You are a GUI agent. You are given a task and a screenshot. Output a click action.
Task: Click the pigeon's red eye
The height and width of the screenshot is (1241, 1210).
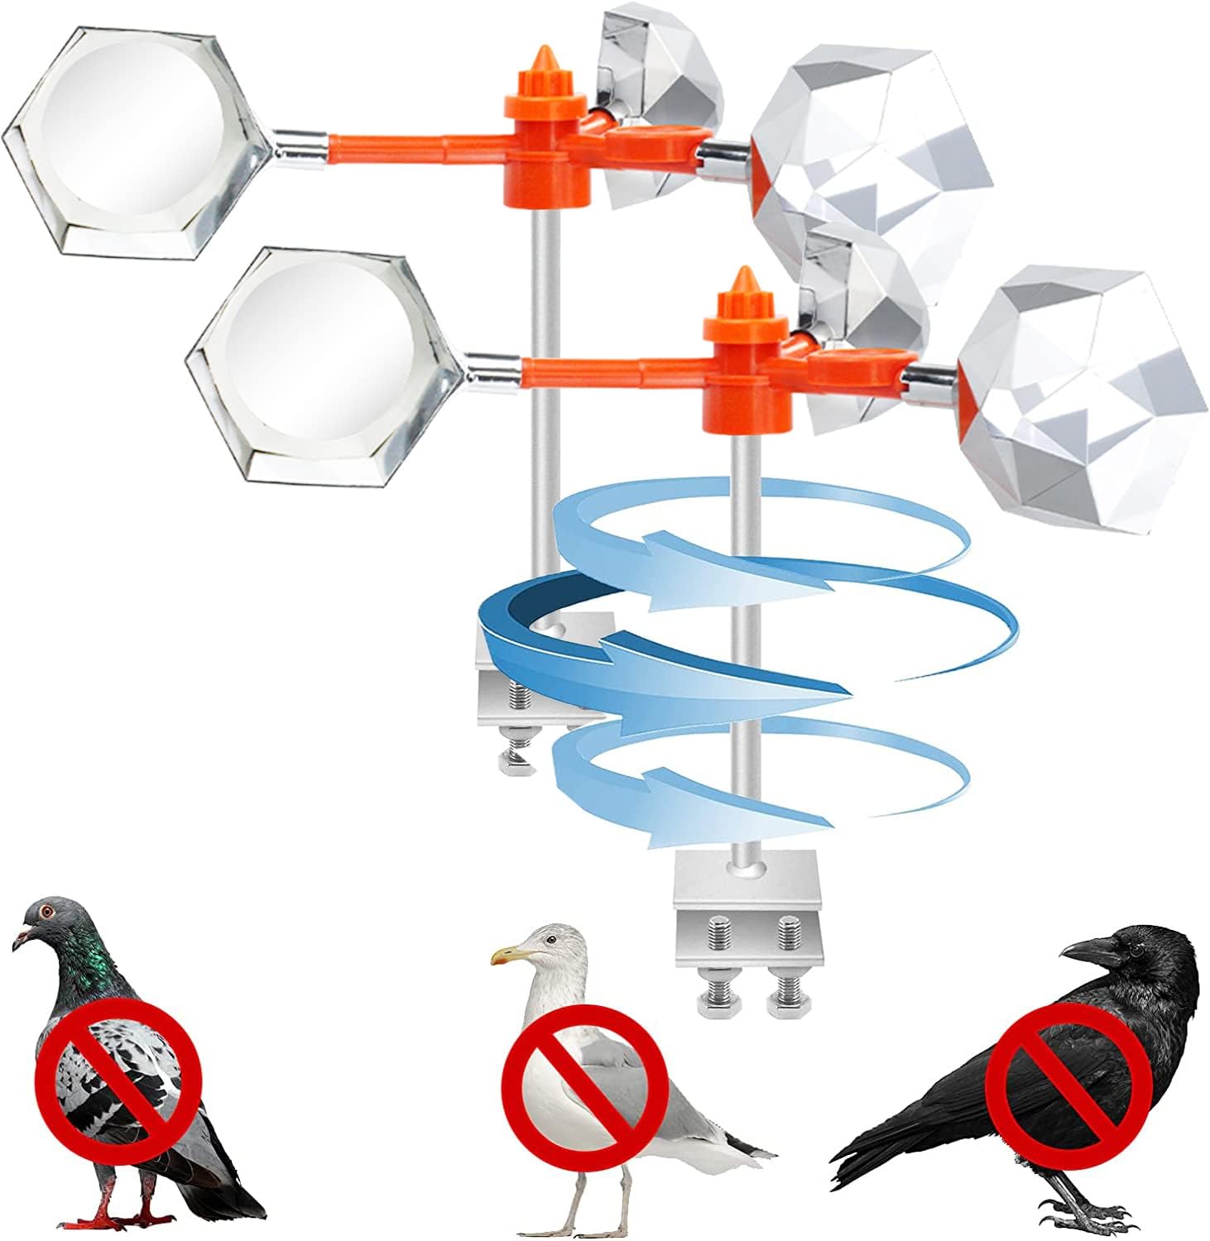coord(46,911)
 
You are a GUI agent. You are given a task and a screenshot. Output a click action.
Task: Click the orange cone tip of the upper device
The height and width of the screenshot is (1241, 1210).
coord(544,60)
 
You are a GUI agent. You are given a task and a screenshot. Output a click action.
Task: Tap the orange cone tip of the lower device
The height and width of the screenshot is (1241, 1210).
coord(742,279)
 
